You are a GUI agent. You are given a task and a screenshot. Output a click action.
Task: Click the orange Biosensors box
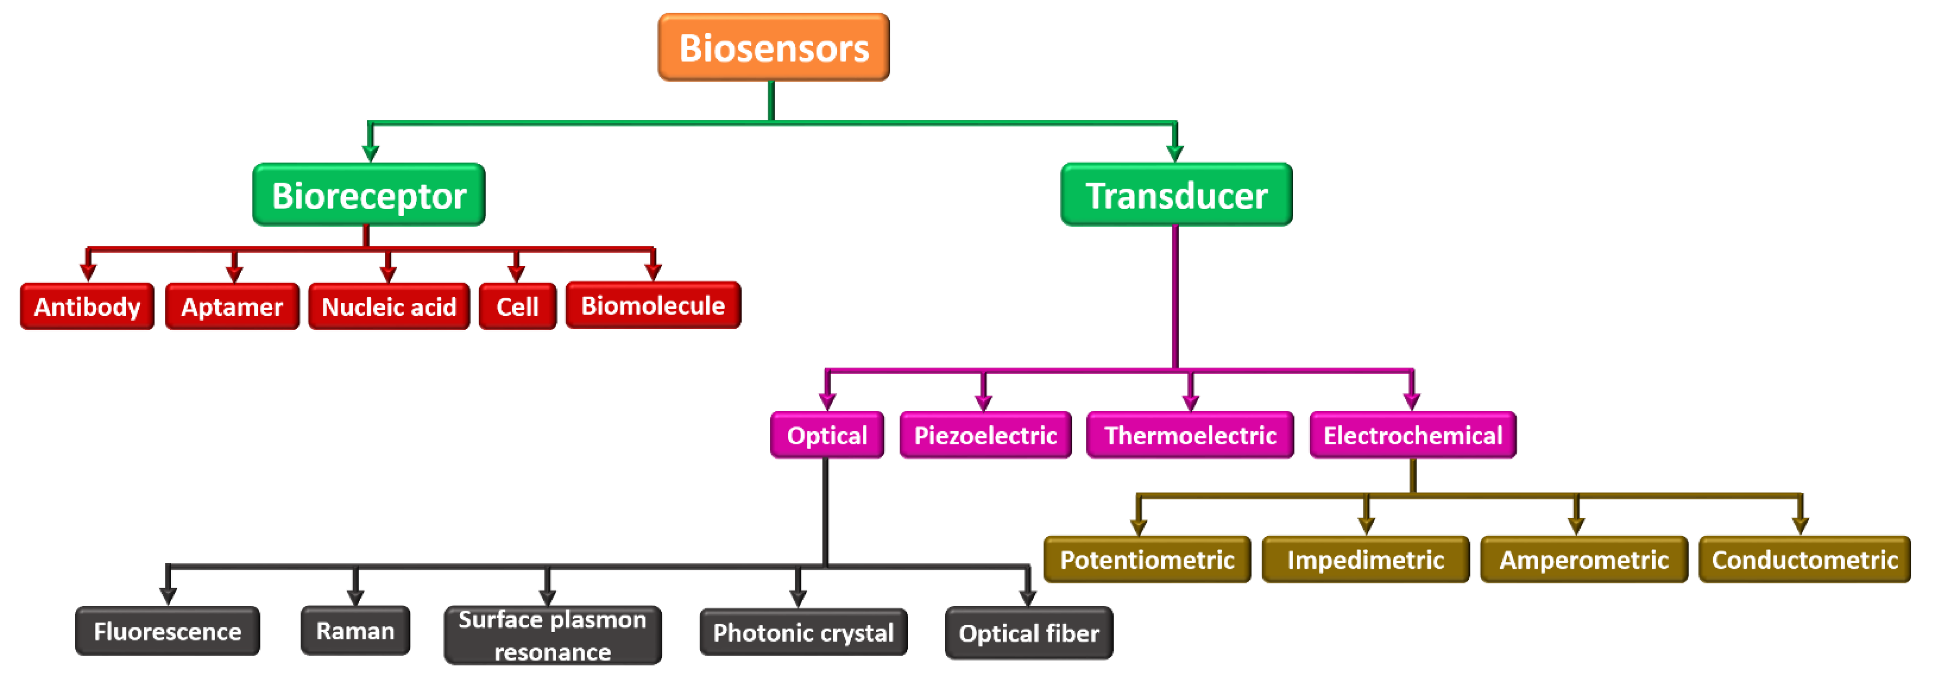click(774, 47)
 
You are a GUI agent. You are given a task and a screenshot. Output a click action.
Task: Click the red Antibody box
click(87, 306)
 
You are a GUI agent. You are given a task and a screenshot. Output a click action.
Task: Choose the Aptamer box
click(232, 306)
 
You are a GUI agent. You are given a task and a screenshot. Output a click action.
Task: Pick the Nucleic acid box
click(389, 306)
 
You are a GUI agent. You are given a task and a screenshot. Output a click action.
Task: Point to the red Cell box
click(517, 306)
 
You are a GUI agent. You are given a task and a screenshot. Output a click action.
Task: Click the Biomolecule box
click(652, 305)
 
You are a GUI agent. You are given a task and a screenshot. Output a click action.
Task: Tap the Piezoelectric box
click(985, 435)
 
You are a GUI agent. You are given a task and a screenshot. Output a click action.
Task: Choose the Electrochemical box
click(1412, 435)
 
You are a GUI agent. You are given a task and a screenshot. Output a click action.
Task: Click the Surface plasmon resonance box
click(553, 635)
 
